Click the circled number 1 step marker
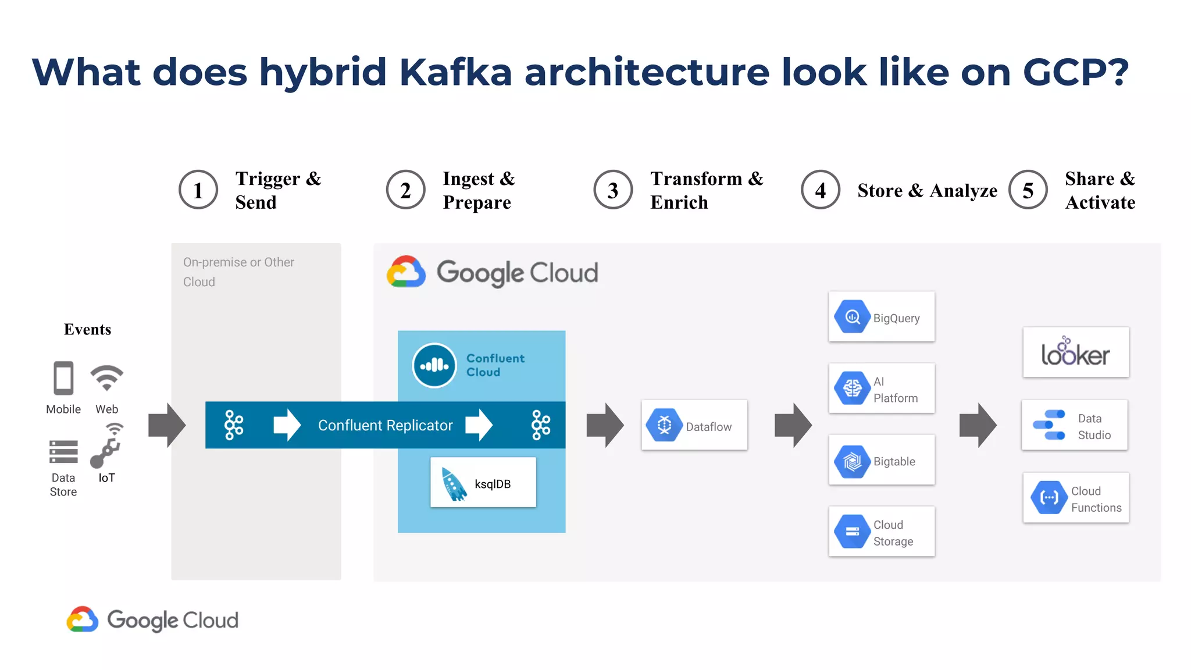[198, 190]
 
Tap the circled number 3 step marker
[613, 190]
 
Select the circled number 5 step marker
[1028, 190]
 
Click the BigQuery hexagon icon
[852, 317]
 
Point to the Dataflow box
[694, 425]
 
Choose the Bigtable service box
[882, 460]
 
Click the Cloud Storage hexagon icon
[852, 532]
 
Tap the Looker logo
[1075, 352]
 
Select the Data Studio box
[1075, 425]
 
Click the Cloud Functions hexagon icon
[1049, 498]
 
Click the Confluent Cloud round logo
[434, 365]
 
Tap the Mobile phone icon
[63, 378]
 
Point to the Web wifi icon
[107, 378]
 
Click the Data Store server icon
[63, 451]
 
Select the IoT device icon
[106, 446]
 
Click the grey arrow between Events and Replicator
[167, 425]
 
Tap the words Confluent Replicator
[385, 425]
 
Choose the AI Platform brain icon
[852, 388]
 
